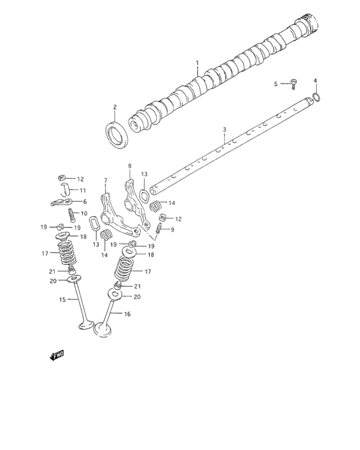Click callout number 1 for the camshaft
197,63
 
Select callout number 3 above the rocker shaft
224,130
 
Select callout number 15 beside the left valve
63,300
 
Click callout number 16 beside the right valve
127,314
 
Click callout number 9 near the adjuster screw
172,229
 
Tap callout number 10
83,213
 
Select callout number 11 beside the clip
83,190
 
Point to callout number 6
84,201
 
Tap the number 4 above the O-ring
316,80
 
